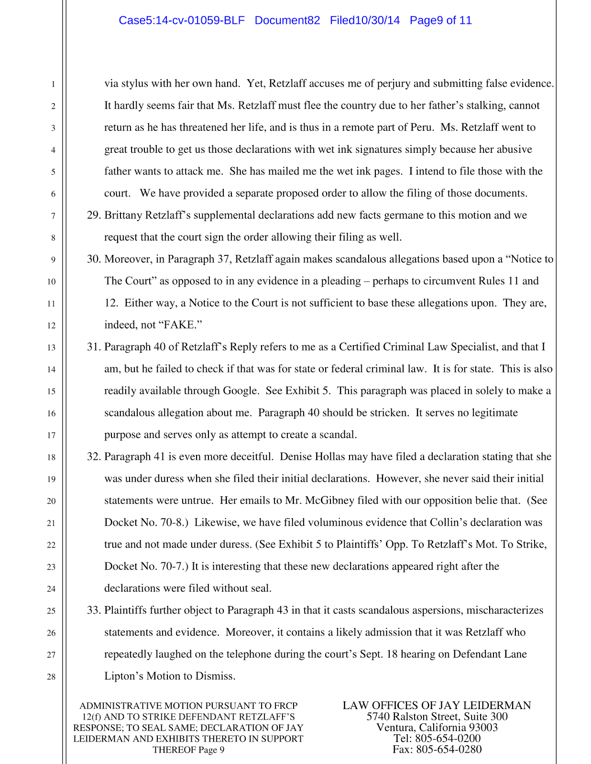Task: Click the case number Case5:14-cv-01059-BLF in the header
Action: (182, 21)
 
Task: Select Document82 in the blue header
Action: (287, 21)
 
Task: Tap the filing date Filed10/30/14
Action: (365, 21)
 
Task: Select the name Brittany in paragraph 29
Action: (123, 215)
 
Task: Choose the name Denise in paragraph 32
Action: (296, 457)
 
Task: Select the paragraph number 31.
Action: (93, 347)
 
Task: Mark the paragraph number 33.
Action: (93, 611)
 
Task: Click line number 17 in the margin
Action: (51, 435)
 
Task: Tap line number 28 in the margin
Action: (51, 677)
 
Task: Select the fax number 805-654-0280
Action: (449, 750)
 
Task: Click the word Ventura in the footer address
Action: (395, 728)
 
